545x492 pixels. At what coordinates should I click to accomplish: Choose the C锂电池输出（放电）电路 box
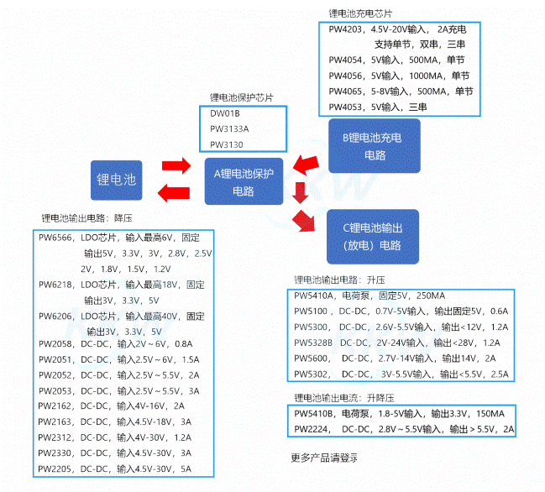(x=372, y=234)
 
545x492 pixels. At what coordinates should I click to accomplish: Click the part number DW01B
(x=225, y=113)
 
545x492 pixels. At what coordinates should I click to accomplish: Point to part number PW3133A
(x=229, y=128)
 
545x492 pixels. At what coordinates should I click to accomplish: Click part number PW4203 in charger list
(x=346, y=29)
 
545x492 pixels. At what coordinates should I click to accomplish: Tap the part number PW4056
(x=346, y=76)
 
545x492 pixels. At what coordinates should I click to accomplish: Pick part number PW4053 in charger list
(x=346, y=107)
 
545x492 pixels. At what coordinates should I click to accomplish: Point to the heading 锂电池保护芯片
(x=241, y=97)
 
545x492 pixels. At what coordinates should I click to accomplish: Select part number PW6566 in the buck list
(x=56, y=238)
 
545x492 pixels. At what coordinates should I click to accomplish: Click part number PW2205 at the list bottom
(x=56, y=468)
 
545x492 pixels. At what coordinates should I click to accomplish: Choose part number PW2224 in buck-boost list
(x=312, y=429)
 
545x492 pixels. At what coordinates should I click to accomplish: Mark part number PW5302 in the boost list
(x=312, y=374)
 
